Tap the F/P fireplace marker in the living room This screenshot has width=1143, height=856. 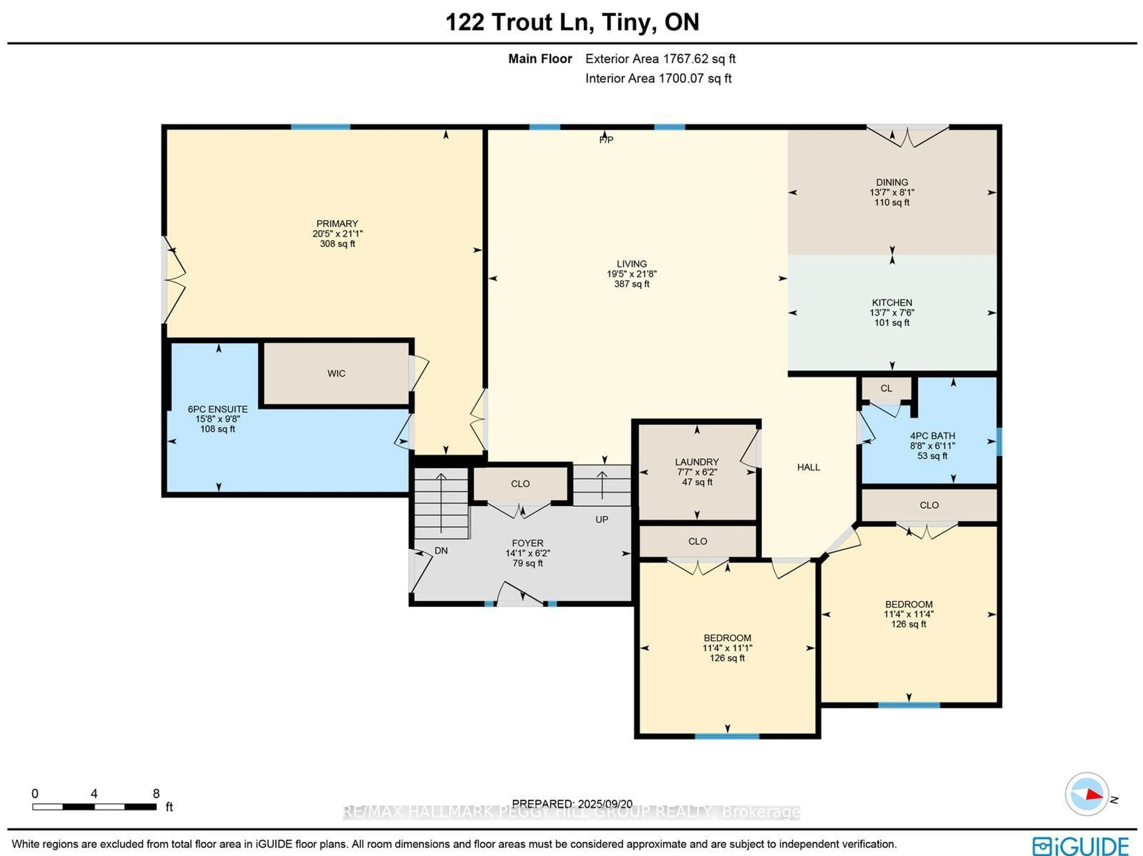pyautogui.click(x=606, y=140)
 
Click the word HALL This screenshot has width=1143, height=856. pyautogui.click(x=808, y=467)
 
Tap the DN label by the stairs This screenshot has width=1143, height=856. pyautogui.click(x=441, y=551)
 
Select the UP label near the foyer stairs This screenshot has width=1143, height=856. pyautogui.click(x=602, y=520)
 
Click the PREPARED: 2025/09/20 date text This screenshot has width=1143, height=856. pyautogui.click(x=572, y=804)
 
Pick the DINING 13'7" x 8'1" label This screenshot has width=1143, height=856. pyautogui.click(x=891, y=192)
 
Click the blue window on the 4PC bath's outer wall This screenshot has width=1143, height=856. pyautogui.click(x=999, y=442)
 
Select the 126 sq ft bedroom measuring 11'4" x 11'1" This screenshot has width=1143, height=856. pyautogui.click(x=727, y=648)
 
